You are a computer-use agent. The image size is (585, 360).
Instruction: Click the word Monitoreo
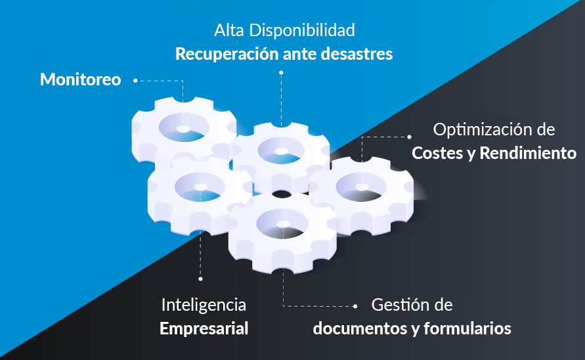click(x=81, y=79)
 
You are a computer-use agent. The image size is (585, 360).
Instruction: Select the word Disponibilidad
click(x=302, y=31)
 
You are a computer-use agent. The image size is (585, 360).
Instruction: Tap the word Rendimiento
click(x=528, y=153)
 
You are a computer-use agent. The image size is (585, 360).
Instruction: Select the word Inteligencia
click(x=204, y=305)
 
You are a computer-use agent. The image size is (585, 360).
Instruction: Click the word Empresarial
click(x=204, y=329)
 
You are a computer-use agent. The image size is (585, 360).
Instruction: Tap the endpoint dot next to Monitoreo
click(x=135, y=81)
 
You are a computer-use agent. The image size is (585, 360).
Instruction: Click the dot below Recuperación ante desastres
click(x=281, y=73)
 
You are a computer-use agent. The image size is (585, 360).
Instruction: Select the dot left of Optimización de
click(x=409, y=137)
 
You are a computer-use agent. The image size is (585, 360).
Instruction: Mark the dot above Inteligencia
click(x=200, y=279)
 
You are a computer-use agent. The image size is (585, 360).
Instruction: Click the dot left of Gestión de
click(x=355, y=306)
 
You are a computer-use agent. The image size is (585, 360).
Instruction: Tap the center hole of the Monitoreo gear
click(x=183, y=129)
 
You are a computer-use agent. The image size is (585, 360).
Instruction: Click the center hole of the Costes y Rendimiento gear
click(x=362, y=187)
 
